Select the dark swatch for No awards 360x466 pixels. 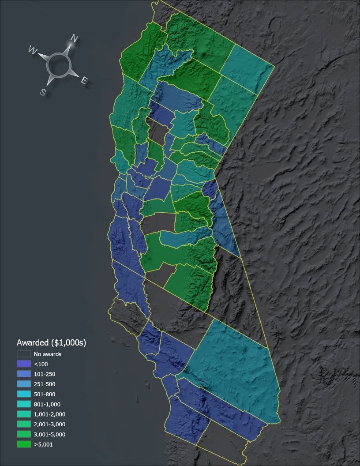24,354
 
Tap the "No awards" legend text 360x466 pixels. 47,354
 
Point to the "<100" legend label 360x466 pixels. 41,364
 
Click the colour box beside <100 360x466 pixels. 24,364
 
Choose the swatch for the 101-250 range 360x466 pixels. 24,374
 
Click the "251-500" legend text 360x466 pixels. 45,384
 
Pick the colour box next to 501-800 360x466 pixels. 24,394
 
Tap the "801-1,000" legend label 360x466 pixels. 47,404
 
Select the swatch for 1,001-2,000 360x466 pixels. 24,414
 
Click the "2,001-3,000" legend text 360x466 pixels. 49,425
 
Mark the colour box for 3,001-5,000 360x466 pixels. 24,435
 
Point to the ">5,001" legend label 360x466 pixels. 43,445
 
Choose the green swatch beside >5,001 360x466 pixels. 24,445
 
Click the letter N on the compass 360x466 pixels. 74,39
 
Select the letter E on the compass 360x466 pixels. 84,80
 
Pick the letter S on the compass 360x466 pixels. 43,92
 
